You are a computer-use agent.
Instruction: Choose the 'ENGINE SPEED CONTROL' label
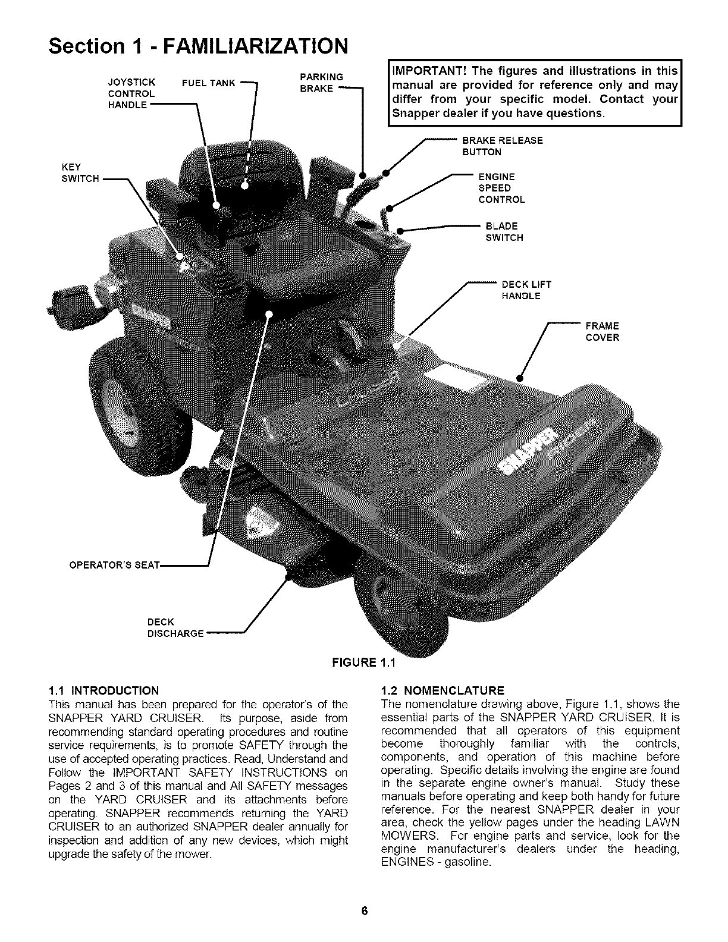coord(501,188)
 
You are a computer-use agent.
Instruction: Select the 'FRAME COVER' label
coord(602,332)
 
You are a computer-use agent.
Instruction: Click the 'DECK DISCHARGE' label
coord(175,627)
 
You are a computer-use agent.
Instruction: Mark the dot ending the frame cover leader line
coord(519,377)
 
